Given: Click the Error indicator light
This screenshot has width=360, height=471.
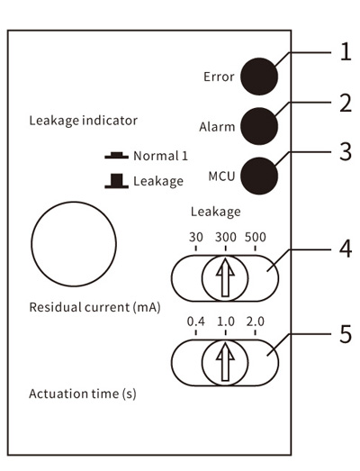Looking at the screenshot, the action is click(x=259, y=77).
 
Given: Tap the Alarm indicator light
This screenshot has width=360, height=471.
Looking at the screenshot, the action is click(x=259, y=126).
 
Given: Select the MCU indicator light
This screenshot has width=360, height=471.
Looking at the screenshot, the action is click(x=259, y=176).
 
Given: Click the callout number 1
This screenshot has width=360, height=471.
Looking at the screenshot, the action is click(x=346, y=52).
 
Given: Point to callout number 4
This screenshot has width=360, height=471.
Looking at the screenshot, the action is click(x=346, y=249).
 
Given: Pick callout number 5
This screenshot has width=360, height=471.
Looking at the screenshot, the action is click(x=346, y=334).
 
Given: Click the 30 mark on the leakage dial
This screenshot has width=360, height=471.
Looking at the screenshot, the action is click(x=196, y=238).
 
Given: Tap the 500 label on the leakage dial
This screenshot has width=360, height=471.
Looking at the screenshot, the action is click(x=256, y=238).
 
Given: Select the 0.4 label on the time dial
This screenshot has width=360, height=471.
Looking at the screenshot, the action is click(x=196, y=322).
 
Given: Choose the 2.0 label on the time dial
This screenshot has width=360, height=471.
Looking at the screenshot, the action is click(x=256, y=322).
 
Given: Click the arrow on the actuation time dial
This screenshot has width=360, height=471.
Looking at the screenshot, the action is click(x=225, y=362).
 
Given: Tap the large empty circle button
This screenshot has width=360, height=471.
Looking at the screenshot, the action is click(x=74, y=202).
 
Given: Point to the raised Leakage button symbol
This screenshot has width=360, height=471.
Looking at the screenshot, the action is click(x=116, y=181).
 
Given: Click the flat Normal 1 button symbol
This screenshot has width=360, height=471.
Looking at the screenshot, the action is click(x=116, y=155).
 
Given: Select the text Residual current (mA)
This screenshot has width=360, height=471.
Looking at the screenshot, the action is click(x=94, y=307).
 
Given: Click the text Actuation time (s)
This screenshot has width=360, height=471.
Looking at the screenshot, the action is click(x=83, y=394).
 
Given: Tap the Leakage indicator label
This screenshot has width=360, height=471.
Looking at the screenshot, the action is click(x=83, y=121).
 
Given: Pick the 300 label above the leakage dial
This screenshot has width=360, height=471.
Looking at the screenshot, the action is click(x=226, y=238).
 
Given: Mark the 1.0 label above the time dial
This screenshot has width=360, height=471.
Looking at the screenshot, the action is click(x=226, y=322).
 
